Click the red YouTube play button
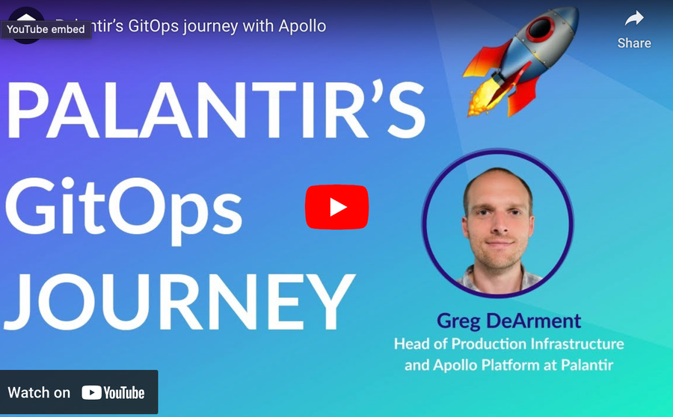336,206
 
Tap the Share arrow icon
634,19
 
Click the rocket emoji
520,60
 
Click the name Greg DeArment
508,321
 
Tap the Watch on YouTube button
78,392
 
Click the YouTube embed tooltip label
46,30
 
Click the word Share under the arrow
634,43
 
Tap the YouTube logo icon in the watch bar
91,393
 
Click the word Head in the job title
411,345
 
